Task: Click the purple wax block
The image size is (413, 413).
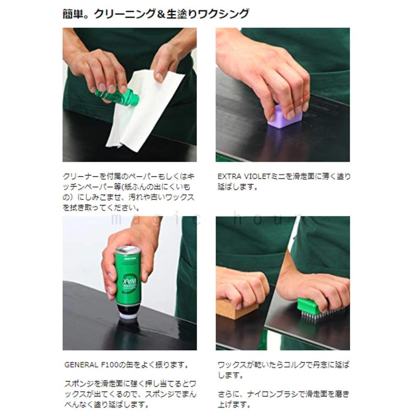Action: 285,117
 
